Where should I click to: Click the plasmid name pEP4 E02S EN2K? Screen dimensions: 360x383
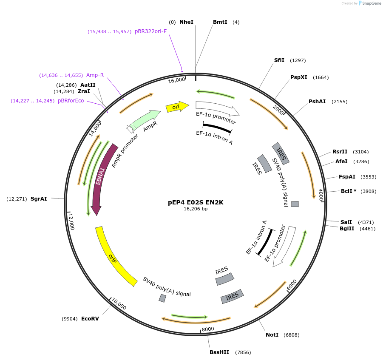click(x=196, y=202)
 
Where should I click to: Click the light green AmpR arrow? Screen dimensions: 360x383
click(x=147, y=119)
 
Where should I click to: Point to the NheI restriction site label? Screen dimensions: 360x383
click(x=186, y=22)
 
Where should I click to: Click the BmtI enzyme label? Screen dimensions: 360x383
click(x=220, y=22)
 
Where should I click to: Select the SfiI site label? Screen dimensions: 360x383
click(x=279, y=60)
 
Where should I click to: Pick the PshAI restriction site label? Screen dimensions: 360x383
click(x=317, y=102)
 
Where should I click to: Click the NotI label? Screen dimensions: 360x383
click(x=272, y=335)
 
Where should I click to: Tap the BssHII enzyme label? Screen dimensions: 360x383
click(x=219, y=352)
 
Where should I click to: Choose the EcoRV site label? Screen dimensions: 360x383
click(x=90, y=319)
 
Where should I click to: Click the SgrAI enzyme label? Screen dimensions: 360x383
click(x=39, y=199)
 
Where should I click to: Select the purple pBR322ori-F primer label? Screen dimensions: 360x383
click(x=150, y=31)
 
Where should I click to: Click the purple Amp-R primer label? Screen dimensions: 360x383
click(x=95, y=75)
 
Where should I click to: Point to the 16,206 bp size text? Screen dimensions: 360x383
click(x=196, y=209)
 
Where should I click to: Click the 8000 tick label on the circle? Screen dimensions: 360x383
click(x=208, y=329)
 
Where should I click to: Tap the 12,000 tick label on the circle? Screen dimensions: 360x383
click(x=71, y=221)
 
